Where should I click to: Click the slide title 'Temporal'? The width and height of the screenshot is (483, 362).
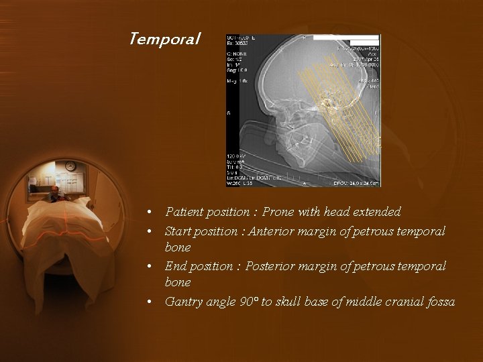click(x=164, y=40)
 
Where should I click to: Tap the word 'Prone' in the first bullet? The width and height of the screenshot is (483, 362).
click(x=278, y=213)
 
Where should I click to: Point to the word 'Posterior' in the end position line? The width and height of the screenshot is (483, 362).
click(x=270, y=267)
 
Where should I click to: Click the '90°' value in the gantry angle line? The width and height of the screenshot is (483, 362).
click(x=248, y=302)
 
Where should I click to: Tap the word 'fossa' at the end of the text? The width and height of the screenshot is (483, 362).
click(x=439, y=302)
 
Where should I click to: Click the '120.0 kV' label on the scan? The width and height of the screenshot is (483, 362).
click(x=237, y=156)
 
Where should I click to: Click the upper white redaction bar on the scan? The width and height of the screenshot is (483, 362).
click(x=345, y=38)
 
